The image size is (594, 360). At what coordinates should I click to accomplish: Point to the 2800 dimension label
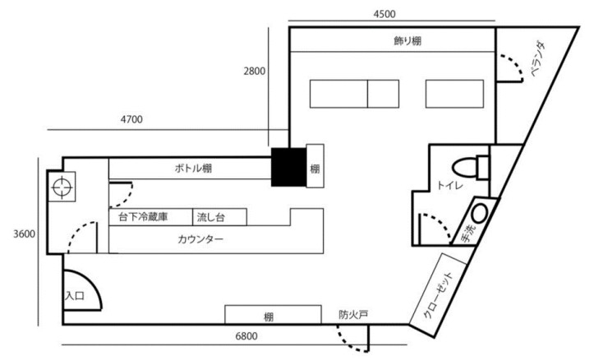[x=254, y=72]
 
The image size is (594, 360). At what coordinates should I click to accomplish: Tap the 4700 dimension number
[x=131, y=119]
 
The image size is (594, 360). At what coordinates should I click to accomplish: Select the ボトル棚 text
[x=195, y=168]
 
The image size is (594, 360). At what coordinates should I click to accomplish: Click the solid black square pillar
[x=289, y=167]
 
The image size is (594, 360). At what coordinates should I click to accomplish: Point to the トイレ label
[x=449, y=187]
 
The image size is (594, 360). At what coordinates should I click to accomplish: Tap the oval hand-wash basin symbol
[x=480, y=212]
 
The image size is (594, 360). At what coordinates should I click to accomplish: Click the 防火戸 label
[x=352, y=313]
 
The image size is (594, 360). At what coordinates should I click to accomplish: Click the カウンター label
[x=200, y=239]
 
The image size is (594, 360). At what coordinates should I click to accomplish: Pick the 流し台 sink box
[x=210, y=218]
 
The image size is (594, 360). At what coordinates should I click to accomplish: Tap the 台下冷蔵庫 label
[x=143, y=218]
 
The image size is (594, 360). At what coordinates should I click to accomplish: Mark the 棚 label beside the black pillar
[x=314, y=168]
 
